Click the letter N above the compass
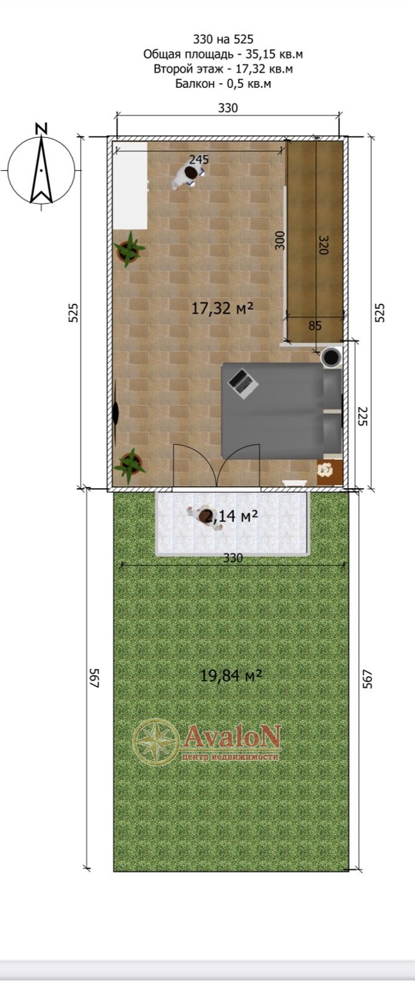click(x=41, y=129)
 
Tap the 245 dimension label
click(x=199, y=160)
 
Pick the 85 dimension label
click(x=315, y=325)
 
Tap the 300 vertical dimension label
click(x=280, y=241)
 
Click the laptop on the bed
click(x=242, y=384)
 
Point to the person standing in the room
click(x=186, y=176)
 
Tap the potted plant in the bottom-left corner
click(x=129, y=466)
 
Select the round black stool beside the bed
click(x=331, y=356)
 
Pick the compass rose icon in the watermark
click(x=156, y=742)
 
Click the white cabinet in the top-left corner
click(x=129, y=186)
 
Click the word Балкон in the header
click(x=194, y=83)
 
